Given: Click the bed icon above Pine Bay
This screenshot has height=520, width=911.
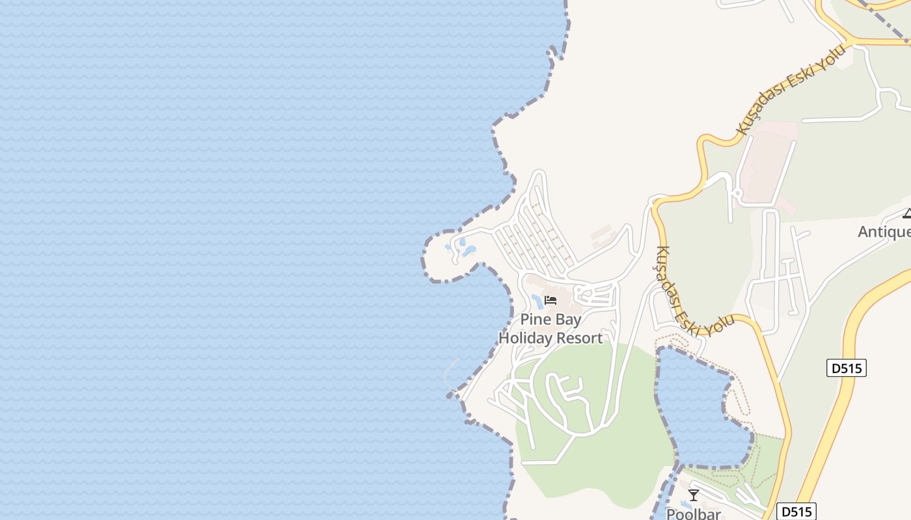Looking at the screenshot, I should pyautogui.click(x=551, y=300).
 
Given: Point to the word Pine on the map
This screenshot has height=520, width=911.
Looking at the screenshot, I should pyautogui.click(x=534, y=320).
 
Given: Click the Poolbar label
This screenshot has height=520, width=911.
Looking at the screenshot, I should pyautogui.click(x=694, y=513).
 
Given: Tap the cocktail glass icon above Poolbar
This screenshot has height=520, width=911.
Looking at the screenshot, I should pyautogui.click(x=694, y=495).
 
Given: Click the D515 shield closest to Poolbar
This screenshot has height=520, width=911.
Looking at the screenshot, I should pyautogui.click(x=796, y=512).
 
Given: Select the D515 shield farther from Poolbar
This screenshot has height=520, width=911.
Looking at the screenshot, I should pyautogui.click(x=847, y=368).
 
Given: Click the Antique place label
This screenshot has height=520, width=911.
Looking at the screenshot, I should pyautogui.click(x=885, y=231).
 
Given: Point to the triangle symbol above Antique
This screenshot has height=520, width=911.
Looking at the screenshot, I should pyautogui.click(x=907, y=213).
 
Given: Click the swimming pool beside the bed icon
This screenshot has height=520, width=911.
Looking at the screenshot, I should pyautogui.click(x=537, y=302).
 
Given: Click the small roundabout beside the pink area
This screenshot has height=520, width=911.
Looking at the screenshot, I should pyautogui.click(x=737, y=192).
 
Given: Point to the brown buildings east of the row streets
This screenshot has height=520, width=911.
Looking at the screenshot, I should pyautogui.click(x=603, y=235).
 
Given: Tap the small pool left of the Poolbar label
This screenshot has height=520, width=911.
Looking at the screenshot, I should pyautogui.click(x=685, y=504).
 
